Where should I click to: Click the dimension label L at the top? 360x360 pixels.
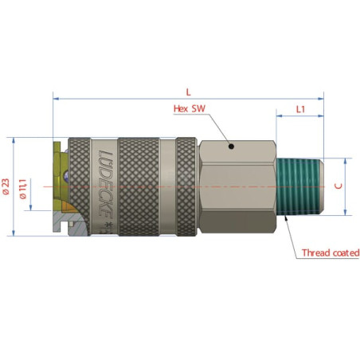(x=188, y=92)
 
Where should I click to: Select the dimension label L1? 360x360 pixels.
(x=300, y=109)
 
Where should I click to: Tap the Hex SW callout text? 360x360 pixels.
(x=190, y=108)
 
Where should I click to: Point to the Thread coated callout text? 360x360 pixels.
(x=331, y=252)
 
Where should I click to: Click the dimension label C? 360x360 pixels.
(x=338, y=186)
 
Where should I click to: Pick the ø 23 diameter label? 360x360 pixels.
(x=6, y=186)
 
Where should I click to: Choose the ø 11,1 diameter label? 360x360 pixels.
(x=23, y=189)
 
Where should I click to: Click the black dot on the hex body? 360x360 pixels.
(x=231, y=146)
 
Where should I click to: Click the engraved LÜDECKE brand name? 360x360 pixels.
(x=106, y=183)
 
